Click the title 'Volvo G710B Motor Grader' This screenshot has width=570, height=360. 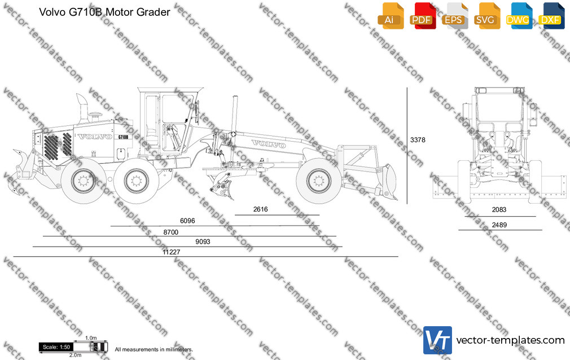[104, 12]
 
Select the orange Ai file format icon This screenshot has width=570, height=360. [391, 16]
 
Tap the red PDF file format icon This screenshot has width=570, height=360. [422, 16]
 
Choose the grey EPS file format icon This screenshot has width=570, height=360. [454, 16]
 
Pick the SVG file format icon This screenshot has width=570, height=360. [486, 16]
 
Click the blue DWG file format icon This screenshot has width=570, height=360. [519, 16]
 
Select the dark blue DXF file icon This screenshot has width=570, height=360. [551, 16]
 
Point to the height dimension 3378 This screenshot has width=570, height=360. [418, 139]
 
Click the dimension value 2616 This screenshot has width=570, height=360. [260, 209]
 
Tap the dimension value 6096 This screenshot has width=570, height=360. [187, 221]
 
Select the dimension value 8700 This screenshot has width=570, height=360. [171, 232]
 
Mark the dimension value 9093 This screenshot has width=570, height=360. [203, 242]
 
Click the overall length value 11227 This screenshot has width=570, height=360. [171, 252]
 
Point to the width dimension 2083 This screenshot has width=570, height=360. [499, 209]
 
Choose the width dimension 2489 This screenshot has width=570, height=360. [499, 225]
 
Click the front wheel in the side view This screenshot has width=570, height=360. [318, 181]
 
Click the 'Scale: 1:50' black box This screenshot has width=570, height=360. [56, 347]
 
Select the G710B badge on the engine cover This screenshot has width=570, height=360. [123, 137]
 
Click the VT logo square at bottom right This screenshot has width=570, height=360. [438, 340]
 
